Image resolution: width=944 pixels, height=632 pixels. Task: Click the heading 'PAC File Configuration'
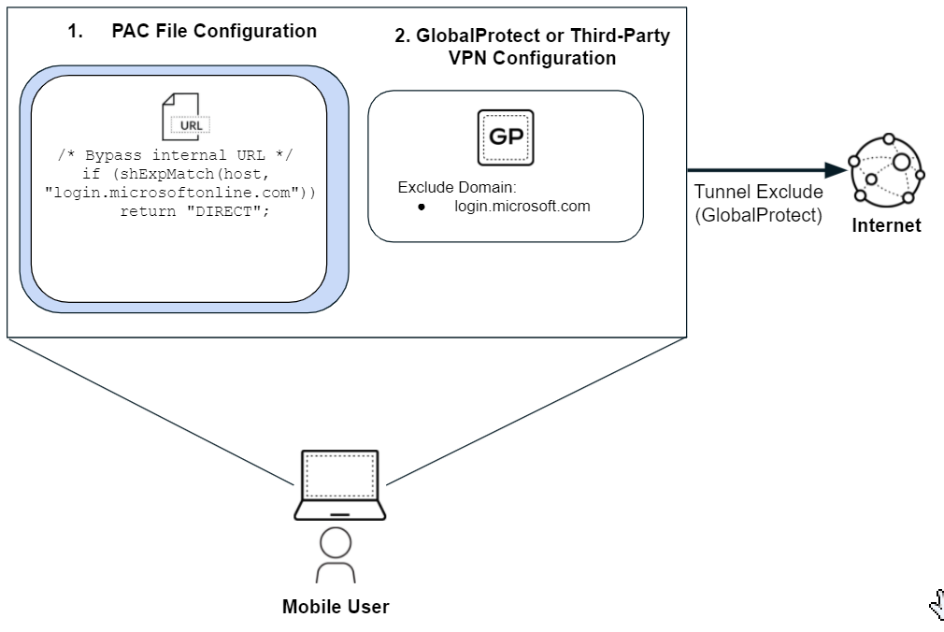coord(214,31)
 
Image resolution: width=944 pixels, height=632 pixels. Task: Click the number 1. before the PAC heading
coord(75,31)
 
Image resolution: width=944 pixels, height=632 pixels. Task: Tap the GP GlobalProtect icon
coord(505,137)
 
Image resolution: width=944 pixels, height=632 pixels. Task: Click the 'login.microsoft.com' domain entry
coord(522,206)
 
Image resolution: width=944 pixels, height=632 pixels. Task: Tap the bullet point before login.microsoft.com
coord(422,207)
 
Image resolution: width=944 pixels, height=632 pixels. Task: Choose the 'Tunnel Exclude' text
coord(758,192)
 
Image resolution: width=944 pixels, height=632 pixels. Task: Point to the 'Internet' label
coord(886,225)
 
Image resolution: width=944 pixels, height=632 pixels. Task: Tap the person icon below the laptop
coord(336,556)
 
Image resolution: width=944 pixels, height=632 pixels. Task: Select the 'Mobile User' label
coord(336,607)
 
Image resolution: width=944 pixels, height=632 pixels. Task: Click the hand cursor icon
coord(936,607)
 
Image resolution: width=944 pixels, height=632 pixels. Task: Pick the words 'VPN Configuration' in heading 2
coord(532,58)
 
